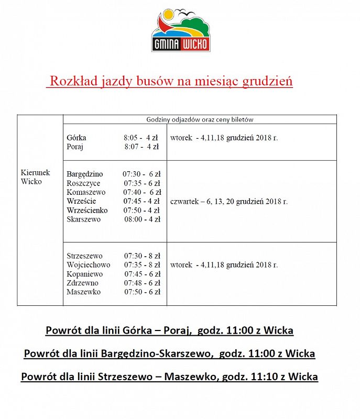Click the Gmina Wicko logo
pyautogui.click(x=181, y=31)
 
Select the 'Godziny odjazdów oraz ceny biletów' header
pyautogui.click(x=200, y=119)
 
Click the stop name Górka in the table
pyautogui.click(x=77, y=138)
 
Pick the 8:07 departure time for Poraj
pyautogui.click(x=134, y=147)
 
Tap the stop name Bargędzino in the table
pyautogui.click(x=85, y=174)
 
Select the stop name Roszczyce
pyautogui.click(x=83, y=183)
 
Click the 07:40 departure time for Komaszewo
pyautogui.click(x=133, y=192)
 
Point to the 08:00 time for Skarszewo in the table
pyautogui.click(x=133, y=219)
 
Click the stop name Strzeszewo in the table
pyautogui.click(x=84, y=256)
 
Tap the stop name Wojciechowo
pyautogui.click(x=88, y=264)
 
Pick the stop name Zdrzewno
pyautogui.click(x=83, y=283)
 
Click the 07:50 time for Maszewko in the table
pyautogui.click(x=133, y=292)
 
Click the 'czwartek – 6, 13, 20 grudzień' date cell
pyautogui.click(x=228, y=202)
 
